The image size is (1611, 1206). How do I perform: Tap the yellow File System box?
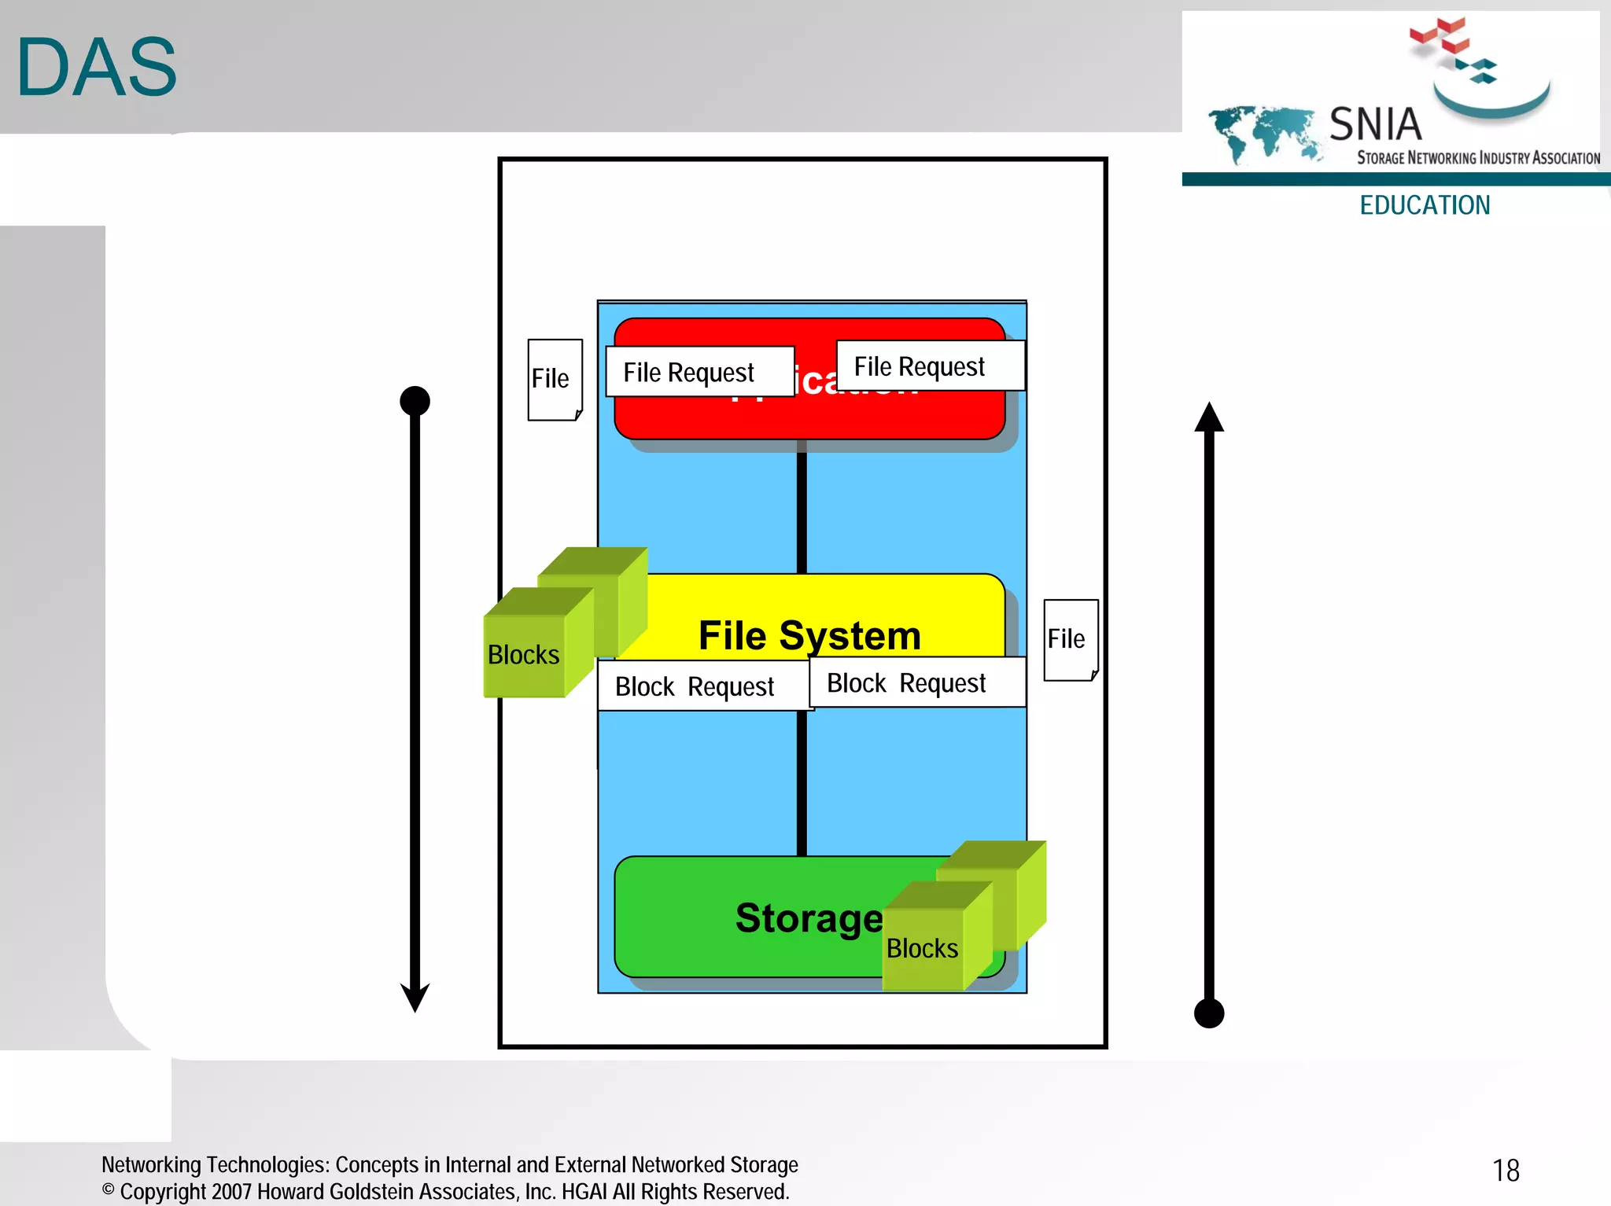(x=810, y=621)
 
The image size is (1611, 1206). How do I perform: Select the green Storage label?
(x=809, y=917)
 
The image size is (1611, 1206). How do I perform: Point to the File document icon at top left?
(x=555, y=380)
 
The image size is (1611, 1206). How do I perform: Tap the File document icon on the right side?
(x=1070, y=639)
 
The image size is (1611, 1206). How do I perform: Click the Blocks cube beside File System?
(x=525, y=654)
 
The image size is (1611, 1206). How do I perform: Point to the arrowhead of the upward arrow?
(x=1209, y=417)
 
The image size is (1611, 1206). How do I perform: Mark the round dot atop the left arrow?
(x=415, y=401)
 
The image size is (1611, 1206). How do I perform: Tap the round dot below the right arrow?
(x=1209, y=1013)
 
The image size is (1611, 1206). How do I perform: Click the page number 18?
(x=1506, y=1171)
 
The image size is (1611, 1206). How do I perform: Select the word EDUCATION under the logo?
(x=1425, y=205)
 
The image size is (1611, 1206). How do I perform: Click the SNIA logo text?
(x=1375, y=124)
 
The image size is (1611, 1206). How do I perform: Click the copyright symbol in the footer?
(x=109, y=1189)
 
